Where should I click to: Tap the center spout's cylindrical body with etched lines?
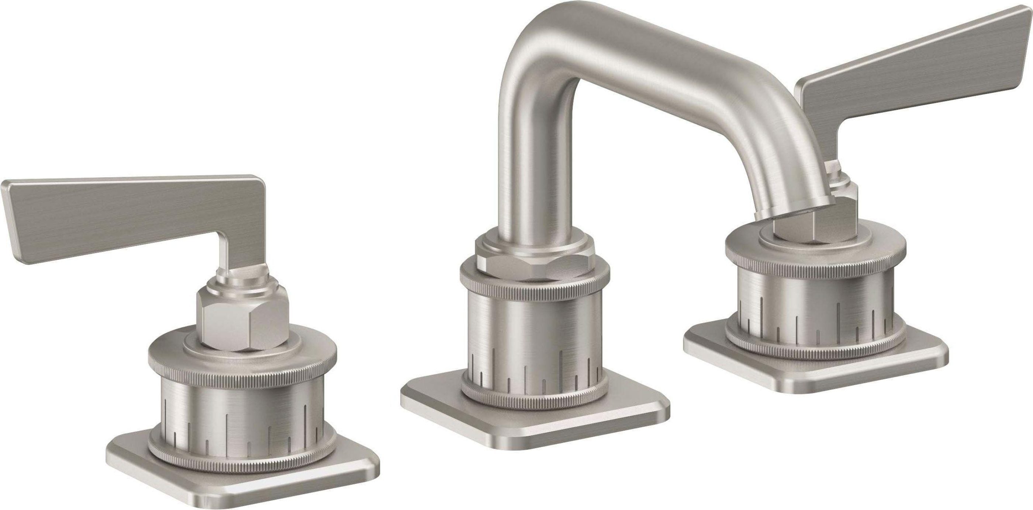(x=533, y=332)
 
